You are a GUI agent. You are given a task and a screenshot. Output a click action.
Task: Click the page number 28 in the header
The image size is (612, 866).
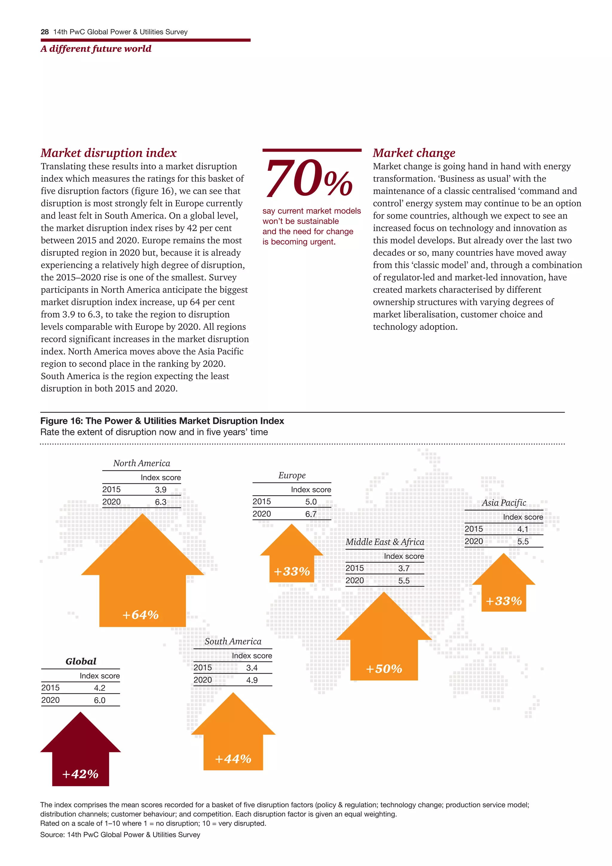coord(45,32)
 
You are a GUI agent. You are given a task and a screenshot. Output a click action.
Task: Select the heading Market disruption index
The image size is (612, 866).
coord(108,153)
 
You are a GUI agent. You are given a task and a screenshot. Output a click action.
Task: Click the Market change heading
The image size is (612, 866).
coord(414,153)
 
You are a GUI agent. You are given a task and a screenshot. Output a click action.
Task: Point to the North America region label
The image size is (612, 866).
coord(142,463)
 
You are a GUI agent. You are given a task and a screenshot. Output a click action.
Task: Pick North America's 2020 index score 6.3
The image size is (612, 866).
coord(160,502)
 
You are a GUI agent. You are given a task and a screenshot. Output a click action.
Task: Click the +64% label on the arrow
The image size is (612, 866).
coord(140,615)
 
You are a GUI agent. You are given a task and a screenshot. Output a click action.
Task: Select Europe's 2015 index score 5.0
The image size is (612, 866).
coord(311,502)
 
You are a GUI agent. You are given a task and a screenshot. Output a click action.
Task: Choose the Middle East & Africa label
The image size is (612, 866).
coord(385,542)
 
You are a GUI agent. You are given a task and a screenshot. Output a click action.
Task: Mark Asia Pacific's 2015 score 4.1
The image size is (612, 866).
coord(523,529)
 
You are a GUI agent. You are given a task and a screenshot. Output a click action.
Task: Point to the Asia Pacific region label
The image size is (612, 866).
coord(504,503)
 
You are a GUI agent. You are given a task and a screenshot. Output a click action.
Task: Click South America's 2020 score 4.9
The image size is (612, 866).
coord(252,680)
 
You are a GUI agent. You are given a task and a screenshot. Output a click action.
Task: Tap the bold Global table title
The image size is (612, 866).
coord(81,661)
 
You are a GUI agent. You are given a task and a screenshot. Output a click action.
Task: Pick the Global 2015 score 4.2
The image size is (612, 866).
coord(100,688)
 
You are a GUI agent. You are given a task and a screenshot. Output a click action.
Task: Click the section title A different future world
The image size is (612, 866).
coord(96,49)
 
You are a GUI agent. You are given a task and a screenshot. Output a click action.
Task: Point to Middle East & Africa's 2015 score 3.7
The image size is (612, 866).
coord(404,568)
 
